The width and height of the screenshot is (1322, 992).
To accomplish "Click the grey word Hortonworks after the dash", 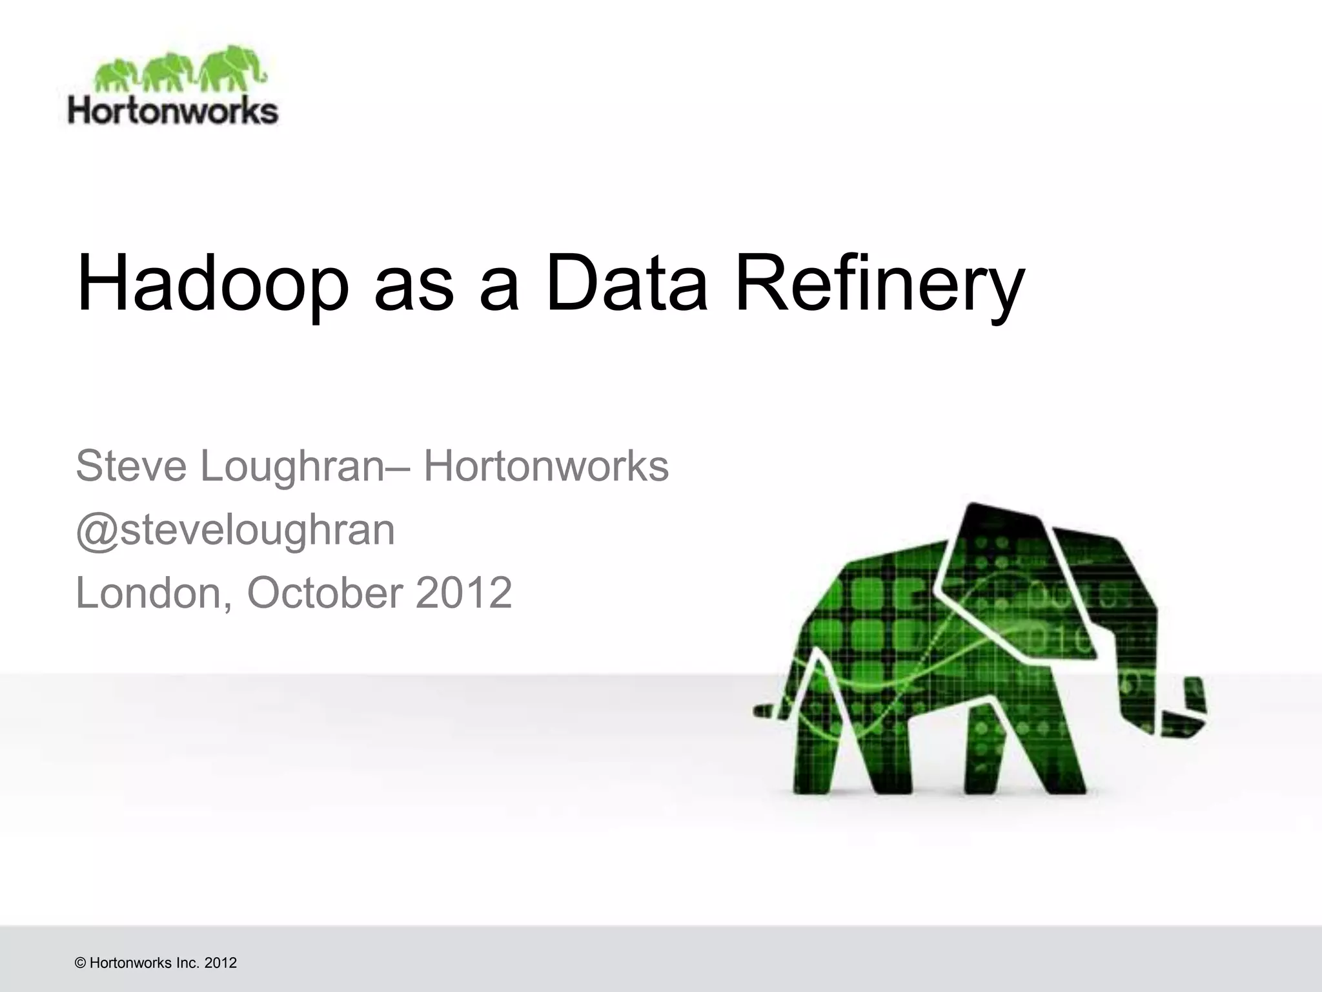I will coord(546,466).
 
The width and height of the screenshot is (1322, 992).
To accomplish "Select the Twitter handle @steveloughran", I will coord(235,531).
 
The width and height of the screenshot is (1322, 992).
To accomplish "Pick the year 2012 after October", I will coord(463,593).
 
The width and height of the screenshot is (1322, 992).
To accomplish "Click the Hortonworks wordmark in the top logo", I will coord(173,112).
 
